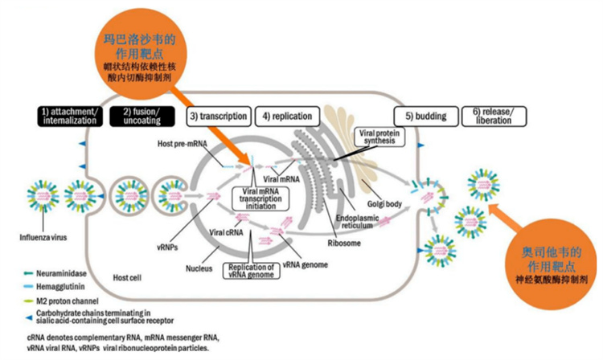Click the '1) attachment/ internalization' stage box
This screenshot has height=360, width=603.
69,115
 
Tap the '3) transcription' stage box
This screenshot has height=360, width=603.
218,116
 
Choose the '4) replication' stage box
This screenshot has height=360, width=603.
285,116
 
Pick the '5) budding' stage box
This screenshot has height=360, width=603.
425,116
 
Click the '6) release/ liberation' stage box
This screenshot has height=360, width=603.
494,115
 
